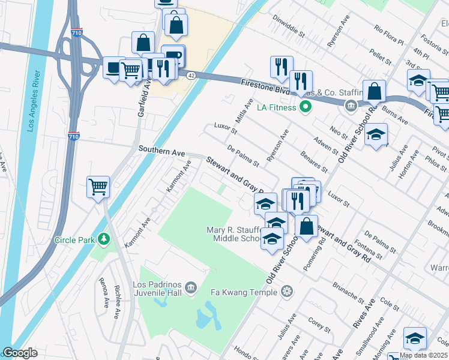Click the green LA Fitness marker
pyautogui.click(x=306, y=107)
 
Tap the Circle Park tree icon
pyautogui.click(x=104, y=240)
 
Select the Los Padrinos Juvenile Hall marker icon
pyautogui.click(x=191, y=288)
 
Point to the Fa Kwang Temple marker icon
pyautogui.click(x=288, y=292)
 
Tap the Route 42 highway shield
pyautogui.click(x=190, y=75)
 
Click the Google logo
pyautogui.click(x=20, y=353)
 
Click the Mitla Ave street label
pyautogui.click(x=245, y=110)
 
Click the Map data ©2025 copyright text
pyautogui.click(x=423, y=355)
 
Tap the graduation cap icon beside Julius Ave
pyautogui.click(x=376, y=134)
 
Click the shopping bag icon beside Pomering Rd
pyautogui.click(x=306, y=227)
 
